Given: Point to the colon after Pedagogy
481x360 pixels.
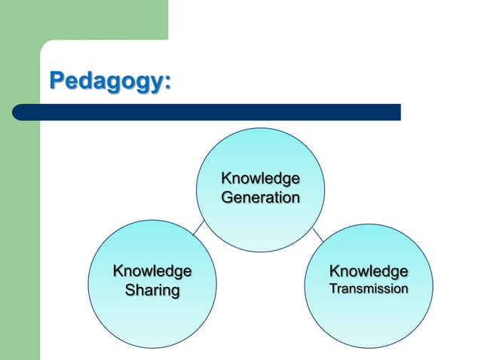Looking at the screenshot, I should pyautogui.click(x=167, y=82).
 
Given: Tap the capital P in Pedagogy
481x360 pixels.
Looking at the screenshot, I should pyautogui.click(x=56, y=80).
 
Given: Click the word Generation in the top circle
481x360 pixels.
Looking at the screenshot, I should pyautogui.click(x=260, y=197).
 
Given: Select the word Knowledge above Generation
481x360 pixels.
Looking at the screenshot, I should pyautogui.click(x=260, y=179).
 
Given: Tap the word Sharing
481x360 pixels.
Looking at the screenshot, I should pyautogui.click(x=152, y=290).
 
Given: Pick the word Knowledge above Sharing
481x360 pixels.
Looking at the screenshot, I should pyautogui.click(x=152, y=271).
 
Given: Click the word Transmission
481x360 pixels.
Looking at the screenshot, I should pyautogui.click(x=369, y=288).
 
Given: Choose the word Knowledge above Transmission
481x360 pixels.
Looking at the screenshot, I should pyautogui.click(x=369, y=271).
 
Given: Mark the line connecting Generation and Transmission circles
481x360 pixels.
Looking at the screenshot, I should pyautogui.click(x=317, y=233).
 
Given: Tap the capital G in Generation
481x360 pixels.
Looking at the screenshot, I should pyautogui.click(x=227, y=197).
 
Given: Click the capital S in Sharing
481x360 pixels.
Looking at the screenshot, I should pyautogui.click(x=129, y=290).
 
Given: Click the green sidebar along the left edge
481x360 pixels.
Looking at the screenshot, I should pyautogui.click(x=19, y=226).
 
